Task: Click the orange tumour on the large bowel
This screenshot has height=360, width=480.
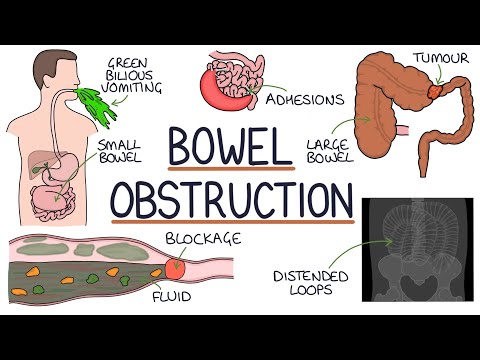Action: click(439, 89)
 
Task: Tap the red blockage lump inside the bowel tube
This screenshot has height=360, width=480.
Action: click(176, 268)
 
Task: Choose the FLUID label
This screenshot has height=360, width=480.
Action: click(174, 298)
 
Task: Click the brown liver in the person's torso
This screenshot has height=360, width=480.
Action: click(43, 166)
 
